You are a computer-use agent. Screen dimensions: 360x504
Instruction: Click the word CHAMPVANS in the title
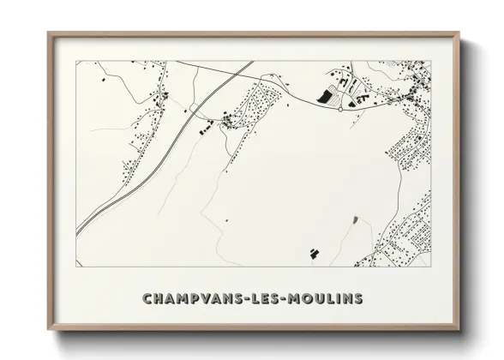point(190,299)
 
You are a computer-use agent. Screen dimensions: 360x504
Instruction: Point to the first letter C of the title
point(147,299)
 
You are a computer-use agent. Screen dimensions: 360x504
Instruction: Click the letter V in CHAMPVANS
point(201,299)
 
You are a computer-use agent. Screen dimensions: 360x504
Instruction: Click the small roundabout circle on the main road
point(341,109)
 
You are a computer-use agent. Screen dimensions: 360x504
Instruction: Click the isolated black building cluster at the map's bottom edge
point(314,252)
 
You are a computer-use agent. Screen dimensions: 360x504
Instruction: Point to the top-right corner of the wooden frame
point(459,33)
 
